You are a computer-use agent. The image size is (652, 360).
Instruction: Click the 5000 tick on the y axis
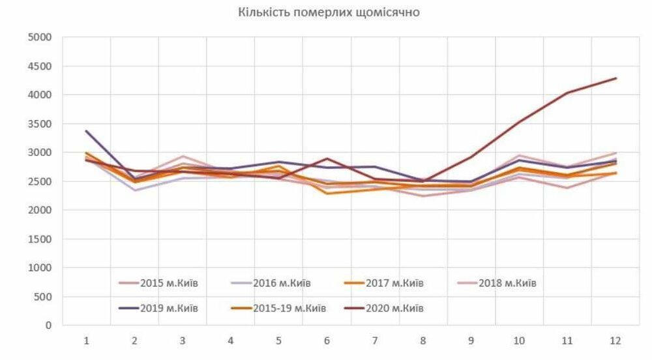[x=40, y=37]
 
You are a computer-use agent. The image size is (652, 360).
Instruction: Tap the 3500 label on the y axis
[x=40, y=124]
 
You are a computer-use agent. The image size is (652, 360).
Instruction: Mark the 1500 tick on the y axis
[x=40, y=239]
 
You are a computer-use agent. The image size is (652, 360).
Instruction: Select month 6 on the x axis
[x=327, y=340]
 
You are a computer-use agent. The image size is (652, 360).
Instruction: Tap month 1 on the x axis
[x=86, y=340]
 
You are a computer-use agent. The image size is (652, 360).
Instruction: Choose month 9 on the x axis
[x=471, y=340]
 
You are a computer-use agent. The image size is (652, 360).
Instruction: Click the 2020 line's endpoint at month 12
[x=616, y=78]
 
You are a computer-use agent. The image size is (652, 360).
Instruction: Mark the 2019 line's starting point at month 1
[x=86, y=131]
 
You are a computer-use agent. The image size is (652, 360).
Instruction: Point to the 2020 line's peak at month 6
[x=327, y=158]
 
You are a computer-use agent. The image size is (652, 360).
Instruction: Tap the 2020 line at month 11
[x=568, y=93]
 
